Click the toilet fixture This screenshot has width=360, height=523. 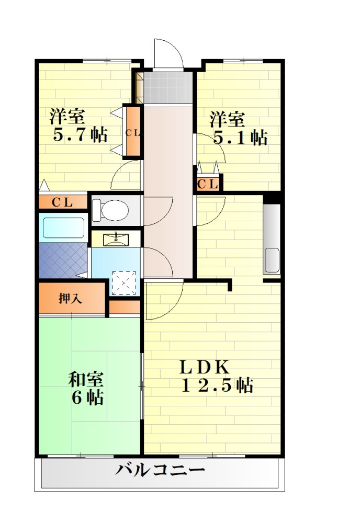(110, 210)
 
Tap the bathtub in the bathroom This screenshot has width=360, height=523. (63, 228)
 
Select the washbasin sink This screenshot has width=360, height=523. (116, 239)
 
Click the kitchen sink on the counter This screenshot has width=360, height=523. (272, 260)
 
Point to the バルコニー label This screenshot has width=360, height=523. (160, 470)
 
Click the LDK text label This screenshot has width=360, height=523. (205, 368)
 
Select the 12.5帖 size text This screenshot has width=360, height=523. (217, 385)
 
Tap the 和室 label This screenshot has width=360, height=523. (86, 379)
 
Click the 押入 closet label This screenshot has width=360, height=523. (70, 298)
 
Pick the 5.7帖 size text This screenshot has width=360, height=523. (81, 135)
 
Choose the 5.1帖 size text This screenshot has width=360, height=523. (240, 137)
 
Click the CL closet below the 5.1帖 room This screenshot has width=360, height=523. (208, 184)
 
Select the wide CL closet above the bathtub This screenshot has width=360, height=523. (63, 202)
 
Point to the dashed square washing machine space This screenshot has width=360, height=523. (124, 283)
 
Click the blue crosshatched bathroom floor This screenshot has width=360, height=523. (63, 260)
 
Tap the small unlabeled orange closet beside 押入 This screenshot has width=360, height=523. (125, 308)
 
